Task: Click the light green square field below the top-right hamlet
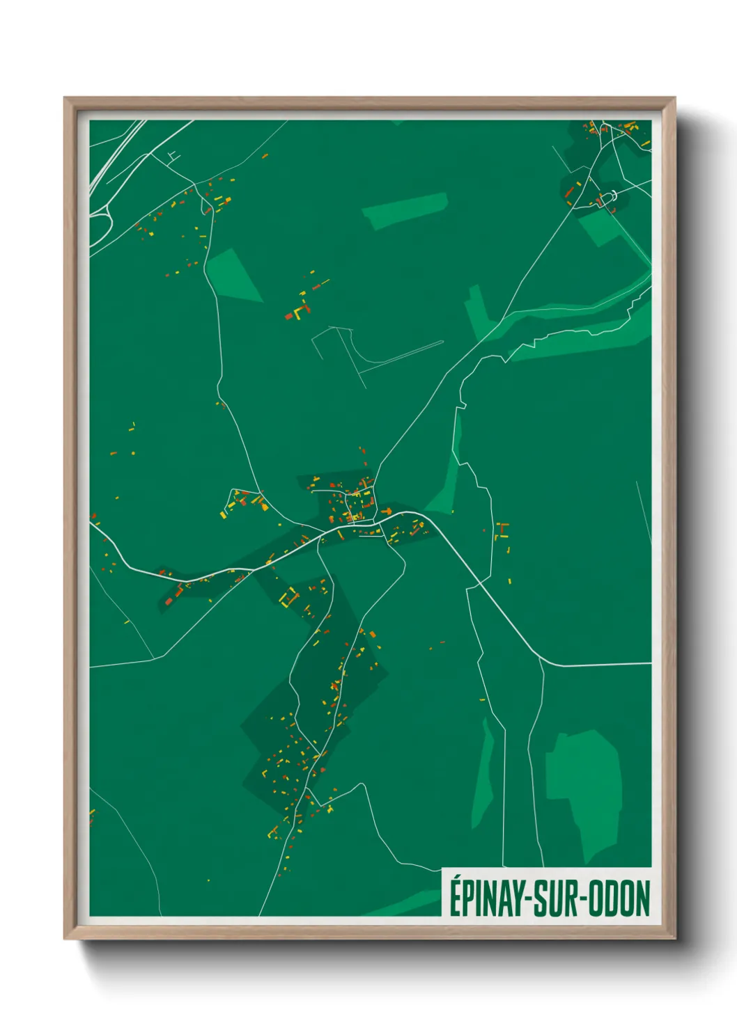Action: [600, 227]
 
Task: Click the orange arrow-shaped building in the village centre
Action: [385, 512]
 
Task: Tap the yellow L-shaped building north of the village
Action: [302, 310]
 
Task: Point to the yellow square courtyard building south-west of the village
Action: [288, 596]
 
